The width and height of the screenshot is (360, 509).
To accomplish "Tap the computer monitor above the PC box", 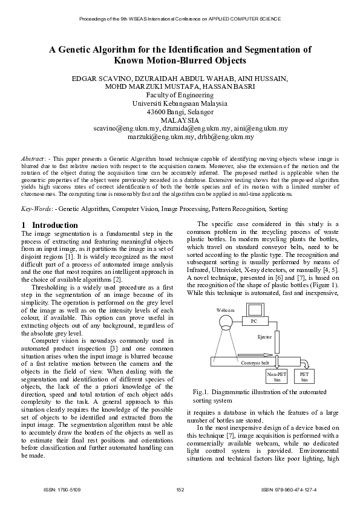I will [254, 310].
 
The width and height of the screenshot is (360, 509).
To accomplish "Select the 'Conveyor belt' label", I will [255, 363].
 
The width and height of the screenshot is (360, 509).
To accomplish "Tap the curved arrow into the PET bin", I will [305, 363].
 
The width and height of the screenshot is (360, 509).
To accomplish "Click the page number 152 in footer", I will [180, 489].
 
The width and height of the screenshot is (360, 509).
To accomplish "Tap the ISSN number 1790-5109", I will [62, 489].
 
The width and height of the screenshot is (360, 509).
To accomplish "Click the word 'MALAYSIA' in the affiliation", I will [179, 120].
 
